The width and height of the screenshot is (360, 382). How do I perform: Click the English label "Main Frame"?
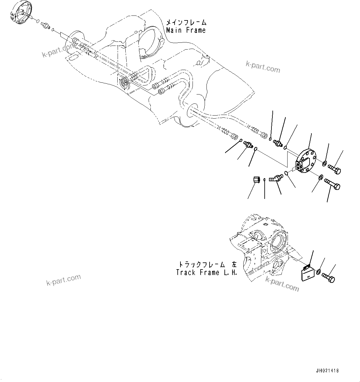click(x=186, y=30)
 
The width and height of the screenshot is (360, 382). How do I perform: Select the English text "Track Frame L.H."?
click(x=206, y=273)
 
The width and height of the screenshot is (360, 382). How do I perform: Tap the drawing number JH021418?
click(x=327, y=371)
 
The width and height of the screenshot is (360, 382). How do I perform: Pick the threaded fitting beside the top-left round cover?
click(x=45, y=26)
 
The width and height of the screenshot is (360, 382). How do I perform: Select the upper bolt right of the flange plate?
click(x=334, y=169)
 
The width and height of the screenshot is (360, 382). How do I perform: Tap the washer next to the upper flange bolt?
click(x=324, y=163)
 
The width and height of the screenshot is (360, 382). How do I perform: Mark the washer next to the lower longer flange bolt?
click(x=321, y=178)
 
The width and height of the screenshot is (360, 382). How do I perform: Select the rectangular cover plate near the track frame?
click(x=307, y=273)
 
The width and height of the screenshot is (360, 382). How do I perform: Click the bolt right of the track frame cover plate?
click(x=328, y=277)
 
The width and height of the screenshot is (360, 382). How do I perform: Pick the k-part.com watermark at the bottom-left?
click(x=63, y=280)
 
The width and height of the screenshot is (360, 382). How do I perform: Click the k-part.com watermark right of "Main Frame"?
click(x=263, y=66)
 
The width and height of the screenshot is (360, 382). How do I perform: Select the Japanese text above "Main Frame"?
click(x=186, y=23)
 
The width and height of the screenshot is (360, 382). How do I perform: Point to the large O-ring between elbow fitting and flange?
click(x=287, y=173)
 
